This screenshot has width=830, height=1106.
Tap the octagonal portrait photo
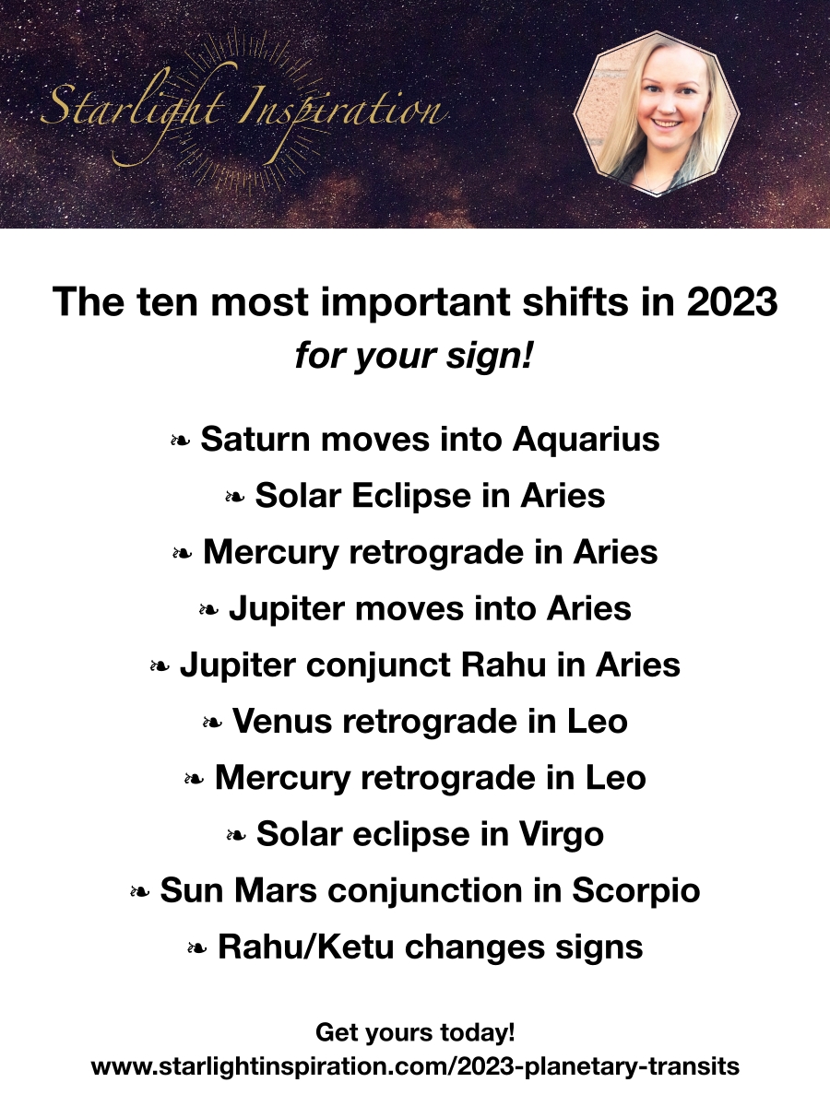point(656,114)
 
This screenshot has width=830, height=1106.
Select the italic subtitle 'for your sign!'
point(414,356)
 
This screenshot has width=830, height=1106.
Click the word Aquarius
point(587,440)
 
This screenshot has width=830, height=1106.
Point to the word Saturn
point(255,439)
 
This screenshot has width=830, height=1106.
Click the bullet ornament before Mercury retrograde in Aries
point(182,553)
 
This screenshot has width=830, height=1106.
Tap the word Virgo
point(562,834)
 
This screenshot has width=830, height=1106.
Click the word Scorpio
point(636,891)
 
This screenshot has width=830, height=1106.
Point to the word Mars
point(276,890)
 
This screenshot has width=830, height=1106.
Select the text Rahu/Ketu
point(305,947)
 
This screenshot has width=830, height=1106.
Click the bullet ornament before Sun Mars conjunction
point(139,892)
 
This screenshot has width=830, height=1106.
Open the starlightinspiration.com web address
point(415,1066)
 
